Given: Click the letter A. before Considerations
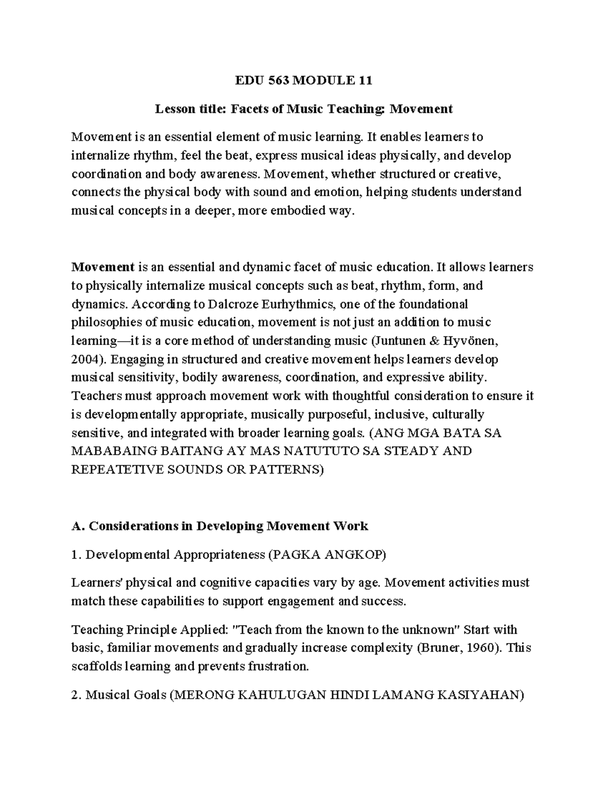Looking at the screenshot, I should pyautogui.click(x=78, y=526).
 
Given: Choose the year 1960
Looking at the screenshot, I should pyautogui.click(x=479, y=648).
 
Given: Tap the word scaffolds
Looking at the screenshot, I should pyautogui.click(x=97, y=666).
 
